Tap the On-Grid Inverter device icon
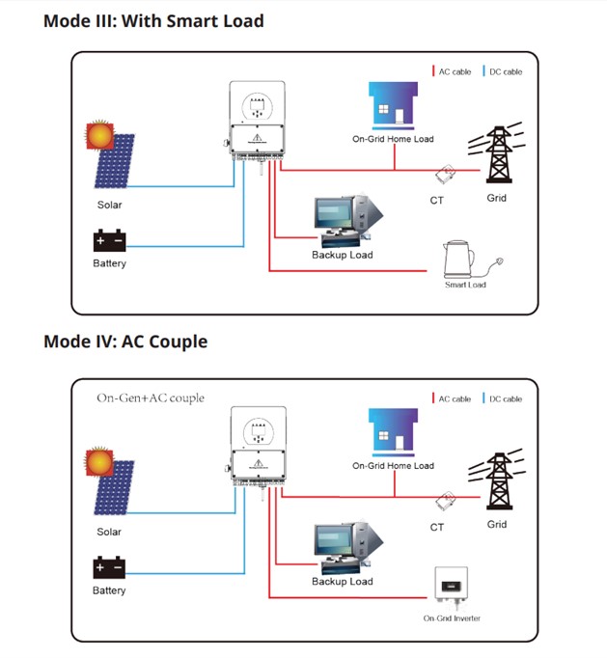[450, 586]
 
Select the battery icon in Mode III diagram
[108, 241]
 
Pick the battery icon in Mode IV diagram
[108, 568]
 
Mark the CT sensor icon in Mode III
[446, 175]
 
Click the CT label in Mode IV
[437, 527]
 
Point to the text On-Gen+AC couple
[151, 398]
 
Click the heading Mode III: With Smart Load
[153, 20]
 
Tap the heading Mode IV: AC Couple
[125, 342]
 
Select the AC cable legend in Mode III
[451, 72]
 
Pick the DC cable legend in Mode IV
[502, 398]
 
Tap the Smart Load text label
[465, 285]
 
